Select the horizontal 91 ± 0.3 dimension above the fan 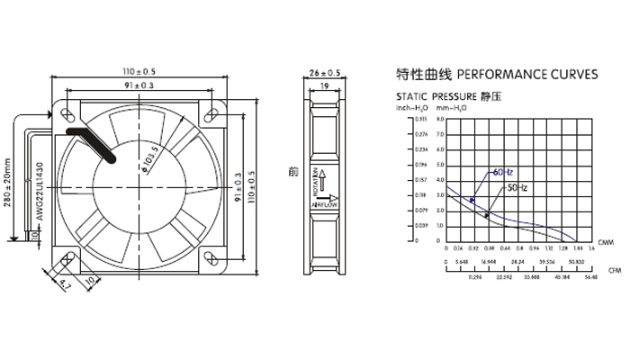(x=139, y=85)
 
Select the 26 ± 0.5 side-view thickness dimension (x=323, y=72)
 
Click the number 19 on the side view (x=323, y=86)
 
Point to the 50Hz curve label (x=517, y=187)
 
